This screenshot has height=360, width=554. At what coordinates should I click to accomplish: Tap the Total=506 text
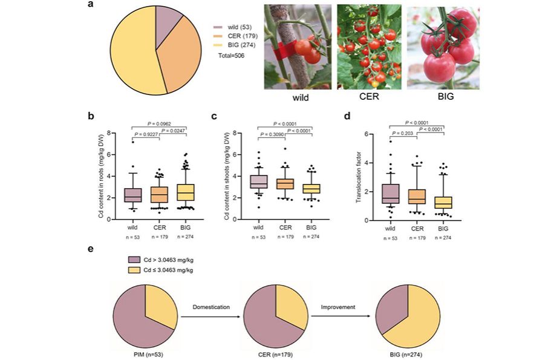233,55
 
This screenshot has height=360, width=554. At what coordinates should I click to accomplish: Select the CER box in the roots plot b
159,195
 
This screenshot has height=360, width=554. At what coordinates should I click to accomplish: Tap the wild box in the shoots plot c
258,182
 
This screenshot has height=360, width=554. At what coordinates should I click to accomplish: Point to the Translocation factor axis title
358,177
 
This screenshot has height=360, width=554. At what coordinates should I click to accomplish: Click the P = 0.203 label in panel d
404,133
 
